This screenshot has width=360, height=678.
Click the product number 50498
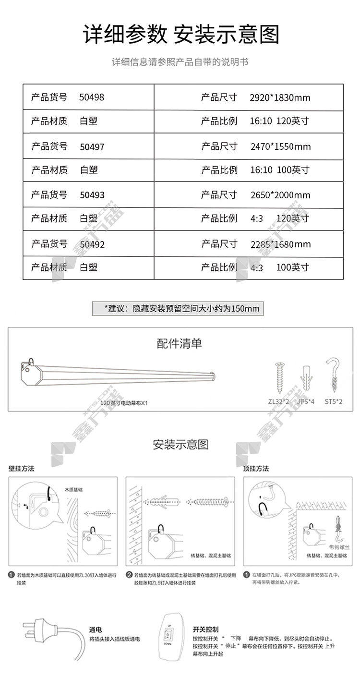coord(92,97)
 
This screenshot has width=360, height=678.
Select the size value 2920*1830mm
coord(280,98)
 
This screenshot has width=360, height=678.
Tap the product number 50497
coord(92,146)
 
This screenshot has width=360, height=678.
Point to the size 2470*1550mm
coord(281,146)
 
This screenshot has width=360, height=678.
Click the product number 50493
coord(92,195)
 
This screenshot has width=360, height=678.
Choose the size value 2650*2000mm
coord(280,195)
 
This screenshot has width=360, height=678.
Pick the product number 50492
coord(92,244)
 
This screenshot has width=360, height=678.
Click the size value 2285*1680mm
coord(281,244)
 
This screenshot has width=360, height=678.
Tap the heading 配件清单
coord(180,343)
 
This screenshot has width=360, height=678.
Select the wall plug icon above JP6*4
coord(305,377)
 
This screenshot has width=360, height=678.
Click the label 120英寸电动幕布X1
coord(122,403)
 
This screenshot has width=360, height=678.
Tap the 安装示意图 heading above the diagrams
coord(180,444)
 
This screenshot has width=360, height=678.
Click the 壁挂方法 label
coord(22,469)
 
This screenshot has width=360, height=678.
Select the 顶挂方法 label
coord(256,469)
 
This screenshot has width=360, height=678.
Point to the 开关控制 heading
coord(206,629)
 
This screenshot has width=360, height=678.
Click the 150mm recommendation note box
coord(178,308)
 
